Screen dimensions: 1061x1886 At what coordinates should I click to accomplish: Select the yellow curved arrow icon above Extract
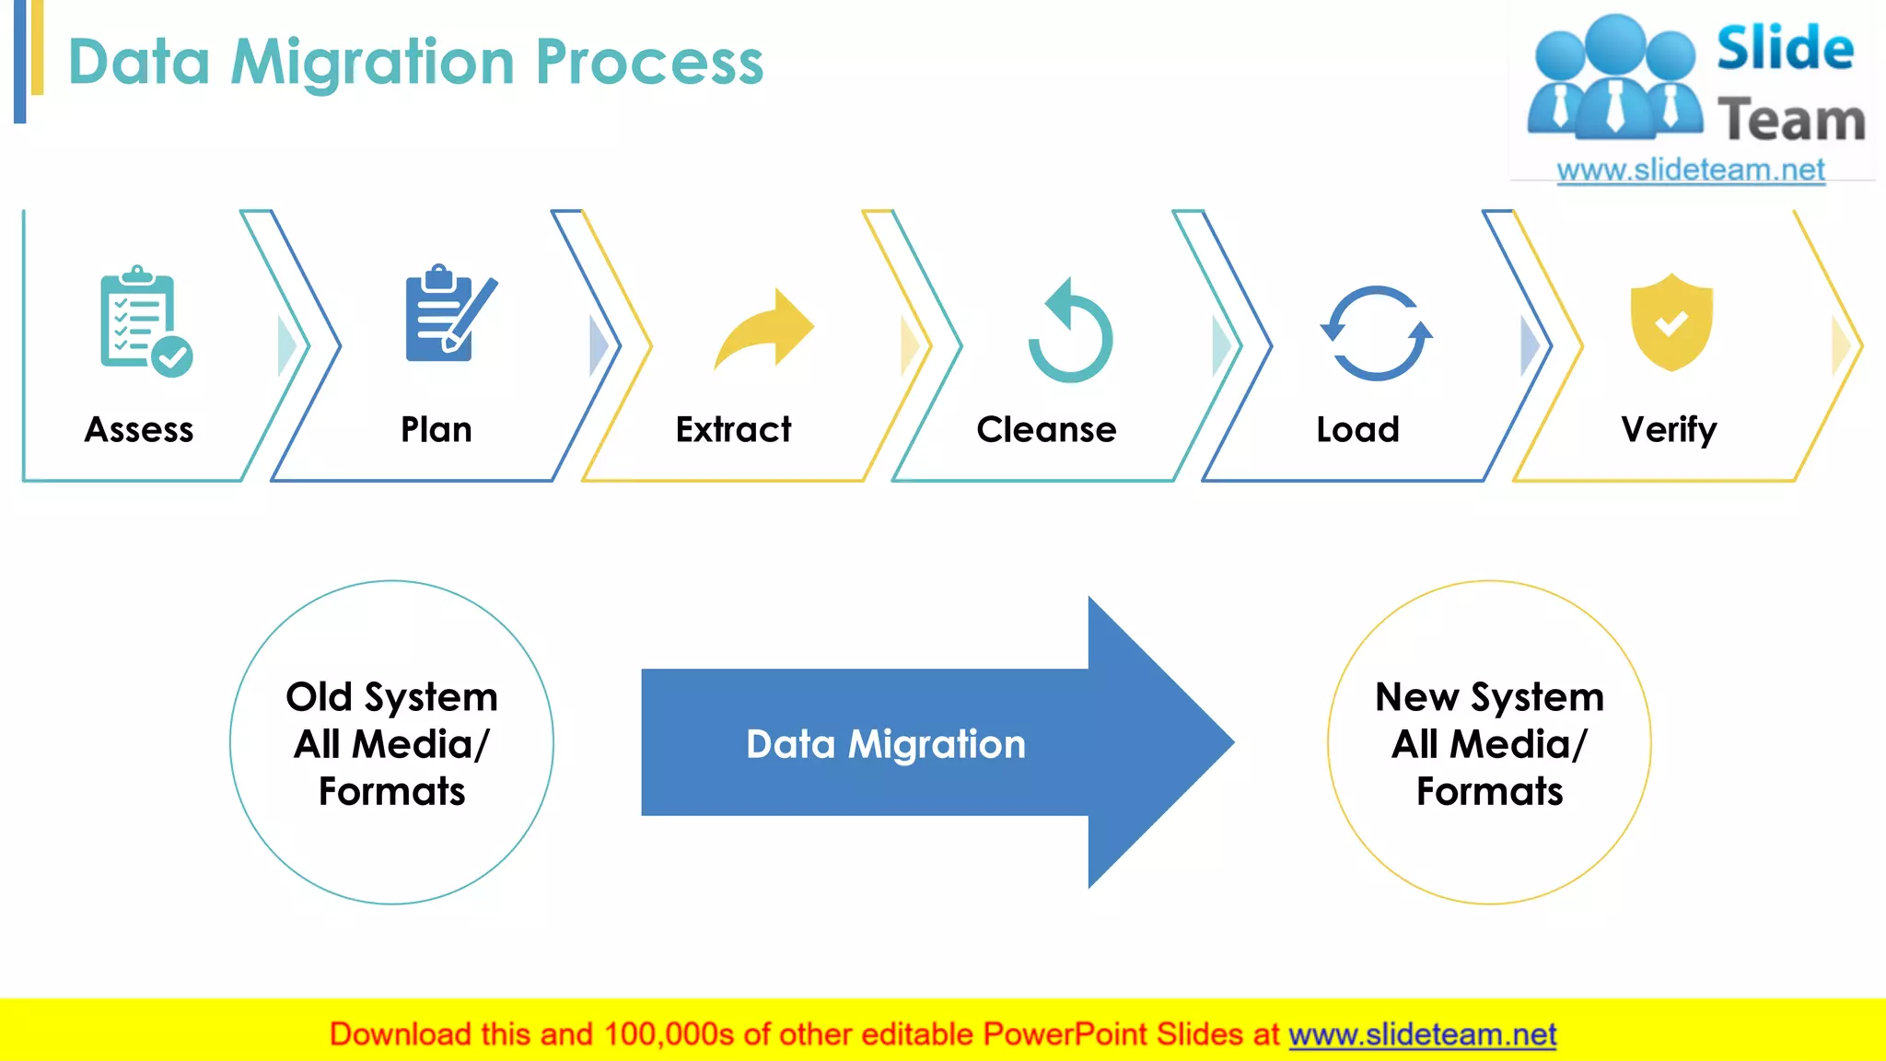[763, 330]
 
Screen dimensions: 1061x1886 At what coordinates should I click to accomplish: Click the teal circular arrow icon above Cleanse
[1070, 331]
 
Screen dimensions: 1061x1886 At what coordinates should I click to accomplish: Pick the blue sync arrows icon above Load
[1376, 333]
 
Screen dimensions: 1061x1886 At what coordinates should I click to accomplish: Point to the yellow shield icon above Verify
[1671, 321]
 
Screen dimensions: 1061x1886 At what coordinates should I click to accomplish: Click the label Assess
[139, 430]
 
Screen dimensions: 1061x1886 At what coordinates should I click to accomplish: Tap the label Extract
[733, 430]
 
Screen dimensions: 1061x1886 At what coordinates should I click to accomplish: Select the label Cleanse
[1046, 430]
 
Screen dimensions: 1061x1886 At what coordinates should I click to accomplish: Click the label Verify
[1669, 430]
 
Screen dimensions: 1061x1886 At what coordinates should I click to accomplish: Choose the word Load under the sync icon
[1357, 430]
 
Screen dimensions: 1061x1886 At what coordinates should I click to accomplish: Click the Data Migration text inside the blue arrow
[885, 744]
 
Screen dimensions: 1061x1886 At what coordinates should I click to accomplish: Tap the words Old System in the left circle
[391, 697]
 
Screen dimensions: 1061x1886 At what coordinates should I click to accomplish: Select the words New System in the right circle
[1489, 697]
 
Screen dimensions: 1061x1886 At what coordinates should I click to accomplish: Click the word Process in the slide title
[649, 63]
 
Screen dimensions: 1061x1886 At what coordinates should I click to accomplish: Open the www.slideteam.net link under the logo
[1690, 170]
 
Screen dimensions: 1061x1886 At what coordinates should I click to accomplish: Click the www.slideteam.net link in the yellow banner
[1422, 1035]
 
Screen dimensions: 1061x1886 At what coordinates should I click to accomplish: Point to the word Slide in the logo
[1784, 49]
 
